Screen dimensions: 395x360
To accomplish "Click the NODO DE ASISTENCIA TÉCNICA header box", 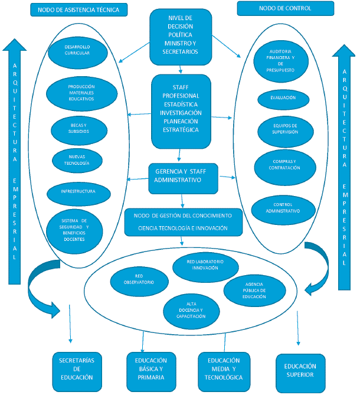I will (78, 10).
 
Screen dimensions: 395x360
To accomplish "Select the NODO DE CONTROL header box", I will (285, 8).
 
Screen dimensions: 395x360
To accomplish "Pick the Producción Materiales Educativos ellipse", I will (80, 92).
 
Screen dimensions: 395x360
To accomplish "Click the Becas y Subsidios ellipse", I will (78, 129).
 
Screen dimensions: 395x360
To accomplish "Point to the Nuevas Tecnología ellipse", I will (78, 159).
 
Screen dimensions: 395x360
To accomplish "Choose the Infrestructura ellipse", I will (78, 191).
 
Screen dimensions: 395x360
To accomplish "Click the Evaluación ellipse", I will (283, 98).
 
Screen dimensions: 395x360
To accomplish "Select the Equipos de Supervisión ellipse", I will (285, 129).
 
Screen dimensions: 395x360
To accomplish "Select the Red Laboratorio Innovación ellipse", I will (205, 264).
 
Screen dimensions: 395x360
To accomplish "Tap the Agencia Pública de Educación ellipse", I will (254, 290).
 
